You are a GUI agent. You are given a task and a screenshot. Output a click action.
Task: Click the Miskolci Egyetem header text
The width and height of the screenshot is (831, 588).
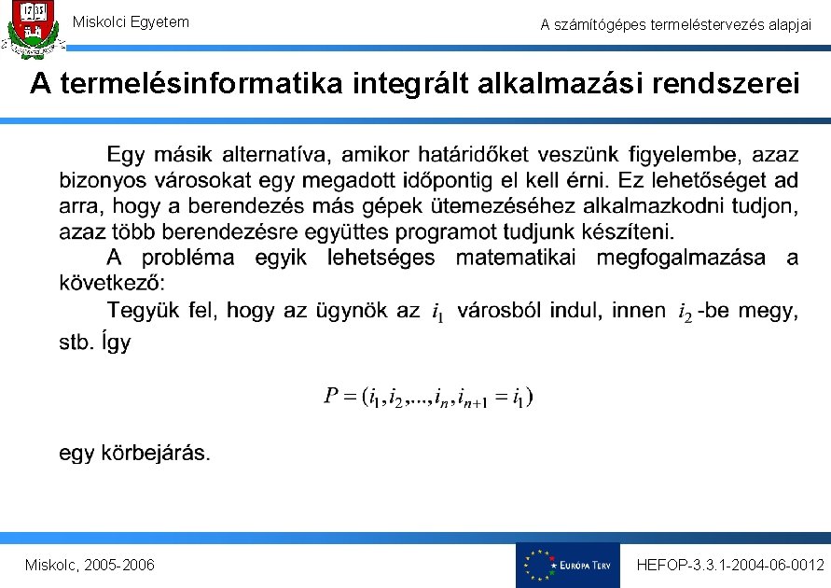coord(131,21)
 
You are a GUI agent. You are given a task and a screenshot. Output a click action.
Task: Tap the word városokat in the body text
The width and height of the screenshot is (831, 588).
coord(198,179)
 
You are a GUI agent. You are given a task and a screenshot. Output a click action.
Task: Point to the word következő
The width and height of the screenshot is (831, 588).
coord(112,283)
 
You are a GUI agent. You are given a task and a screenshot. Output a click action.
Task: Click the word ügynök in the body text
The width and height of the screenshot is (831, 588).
coord(351,310)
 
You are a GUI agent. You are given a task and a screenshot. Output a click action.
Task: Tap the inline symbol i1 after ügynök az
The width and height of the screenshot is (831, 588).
coord(437,313)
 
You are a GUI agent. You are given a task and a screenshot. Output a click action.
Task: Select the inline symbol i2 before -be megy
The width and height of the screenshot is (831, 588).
coord(686,312)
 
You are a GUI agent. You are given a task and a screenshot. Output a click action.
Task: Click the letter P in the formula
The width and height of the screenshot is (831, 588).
coord(331,396)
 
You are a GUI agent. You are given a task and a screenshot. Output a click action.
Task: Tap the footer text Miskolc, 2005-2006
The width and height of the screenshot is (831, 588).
coord(90,566)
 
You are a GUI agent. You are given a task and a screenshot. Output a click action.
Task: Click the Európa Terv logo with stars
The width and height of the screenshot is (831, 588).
coord(567,565)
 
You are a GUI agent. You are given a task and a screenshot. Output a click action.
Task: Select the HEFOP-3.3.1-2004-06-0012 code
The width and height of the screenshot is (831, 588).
coord(730,566)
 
